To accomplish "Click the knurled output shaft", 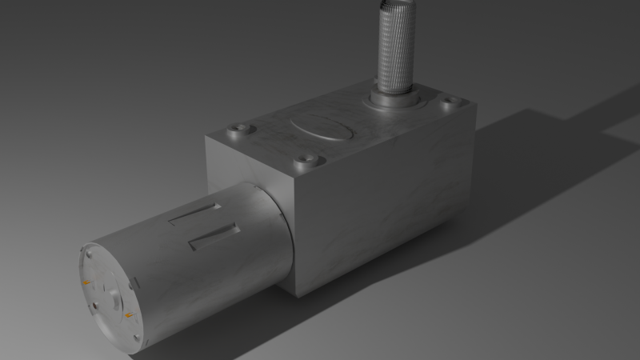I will point(394,48).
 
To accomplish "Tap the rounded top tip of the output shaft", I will point(394,6).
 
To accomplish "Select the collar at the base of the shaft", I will point(393,99).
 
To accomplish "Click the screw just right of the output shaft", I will point(452,102).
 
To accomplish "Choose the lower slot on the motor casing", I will point(214,235).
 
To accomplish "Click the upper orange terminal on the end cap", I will point(86,282).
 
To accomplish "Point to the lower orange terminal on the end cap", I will point(128,318).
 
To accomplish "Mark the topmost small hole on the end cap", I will point(90,255).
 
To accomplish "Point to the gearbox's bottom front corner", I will point(298,294).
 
